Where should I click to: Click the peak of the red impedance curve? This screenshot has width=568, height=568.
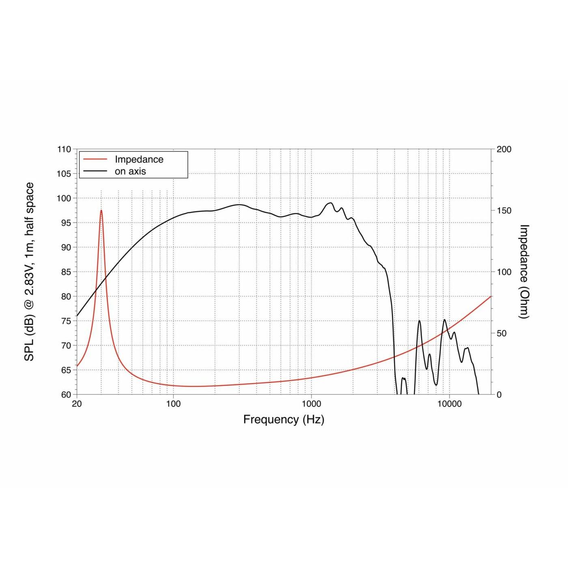tap(101, 211)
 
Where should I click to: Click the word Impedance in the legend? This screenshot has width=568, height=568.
tap(139, 159)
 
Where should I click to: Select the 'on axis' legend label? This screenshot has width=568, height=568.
tap(130, 171)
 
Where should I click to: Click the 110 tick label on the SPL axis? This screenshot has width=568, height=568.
tap(64, 149)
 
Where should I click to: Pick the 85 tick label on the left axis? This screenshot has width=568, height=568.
tap(66, 272)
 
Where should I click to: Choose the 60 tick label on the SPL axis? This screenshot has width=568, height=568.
tap(66, 394)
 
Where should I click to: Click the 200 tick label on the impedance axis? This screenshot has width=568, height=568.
tap(504, 149)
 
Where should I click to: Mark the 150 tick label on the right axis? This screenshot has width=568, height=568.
tap(504, 211)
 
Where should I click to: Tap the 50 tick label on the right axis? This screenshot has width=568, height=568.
tap(502, 333)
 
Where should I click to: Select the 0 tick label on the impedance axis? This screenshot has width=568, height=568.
tap(499, 394)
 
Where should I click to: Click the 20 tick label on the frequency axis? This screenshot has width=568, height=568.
tap(77, 404)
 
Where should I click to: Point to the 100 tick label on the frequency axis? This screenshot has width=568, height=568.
tap(173, 404)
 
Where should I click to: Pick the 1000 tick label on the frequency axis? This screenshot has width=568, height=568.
tap(311, 404)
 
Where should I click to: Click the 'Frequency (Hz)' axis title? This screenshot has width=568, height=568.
tap(284, 420)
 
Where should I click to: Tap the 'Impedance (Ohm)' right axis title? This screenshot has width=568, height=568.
tap(524, 272)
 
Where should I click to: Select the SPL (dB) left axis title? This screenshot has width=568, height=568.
tap(29, 272)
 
